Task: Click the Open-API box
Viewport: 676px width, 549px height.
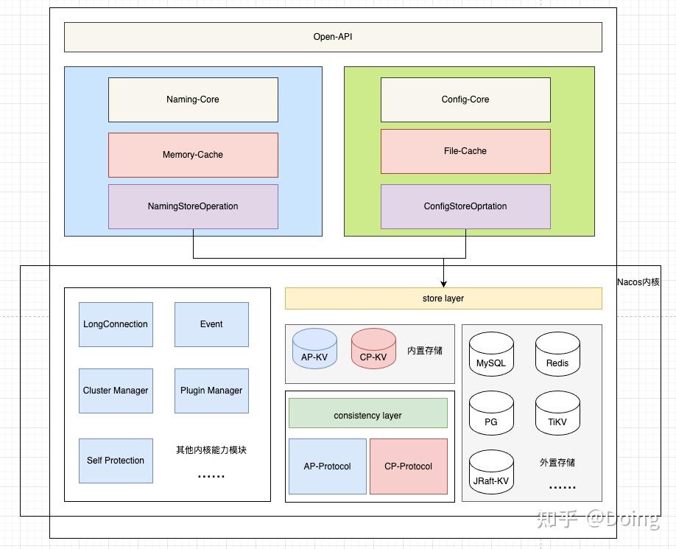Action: click(333, 37)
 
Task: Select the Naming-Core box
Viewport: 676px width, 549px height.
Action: click(193, 99)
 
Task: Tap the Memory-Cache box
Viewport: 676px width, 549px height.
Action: click(193, 155)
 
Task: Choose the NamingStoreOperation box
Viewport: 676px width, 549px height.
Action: click(193, 206)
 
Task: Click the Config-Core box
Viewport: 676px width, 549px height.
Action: click(465, 99)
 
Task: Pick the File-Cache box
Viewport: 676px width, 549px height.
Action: click(465, 151)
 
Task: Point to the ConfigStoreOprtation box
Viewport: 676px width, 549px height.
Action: click(465, 206)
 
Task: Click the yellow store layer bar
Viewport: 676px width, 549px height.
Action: click(443, 298)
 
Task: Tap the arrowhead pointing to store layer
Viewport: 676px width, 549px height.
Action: click(443, 283)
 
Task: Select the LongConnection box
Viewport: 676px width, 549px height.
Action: click(116, 324)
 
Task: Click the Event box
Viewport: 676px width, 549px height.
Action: click(211, 324)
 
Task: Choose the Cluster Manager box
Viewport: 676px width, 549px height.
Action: click(116, 391)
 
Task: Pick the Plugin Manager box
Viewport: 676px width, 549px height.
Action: click(211, 391)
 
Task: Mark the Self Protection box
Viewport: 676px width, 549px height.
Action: click(116, 461)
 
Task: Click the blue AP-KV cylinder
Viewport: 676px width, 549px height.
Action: click(314, 349)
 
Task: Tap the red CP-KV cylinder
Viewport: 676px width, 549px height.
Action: click(373, 349)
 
